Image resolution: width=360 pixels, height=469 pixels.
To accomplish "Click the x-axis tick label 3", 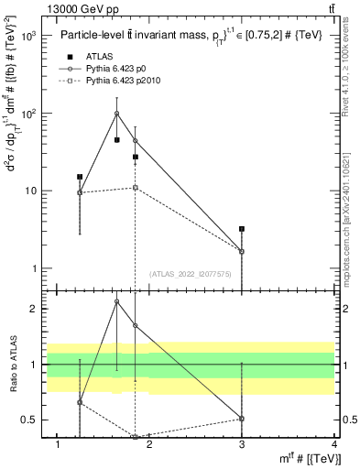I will click(x=242, y=444).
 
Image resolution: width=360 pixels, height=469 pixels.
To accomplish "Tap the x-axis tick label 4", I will click(x=334, y=444).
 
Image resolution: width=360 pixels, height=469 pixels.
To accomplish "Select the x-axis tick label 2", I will click(x=149, y=444).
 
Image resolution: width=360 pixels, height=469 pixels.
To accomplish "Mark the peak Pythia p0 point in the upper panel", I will click(x=117, y=114).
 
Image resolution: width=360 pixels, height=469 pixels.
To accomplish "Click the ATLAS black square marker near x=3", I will click(x=242, y=229).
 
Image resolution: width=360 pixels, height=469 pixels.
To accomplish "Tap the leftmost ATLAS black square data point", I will click(x=80, y=177).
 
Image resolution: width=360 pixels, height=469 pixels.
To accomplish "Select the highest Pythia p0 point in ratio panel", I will click(x=117, y=301).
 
